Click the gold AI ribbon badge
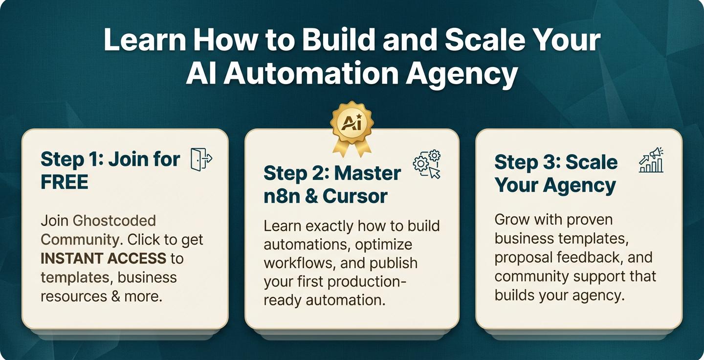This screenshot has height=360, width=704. coord(352,129)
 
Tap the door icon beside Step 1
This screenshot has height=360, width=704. coord(201,160)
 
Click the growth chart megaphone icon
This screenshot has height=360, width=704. coord(651,160)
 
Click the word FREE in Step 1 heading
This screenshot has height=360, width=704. coord(65,182)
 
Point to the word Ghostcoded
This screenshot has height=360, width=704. coord(114,221)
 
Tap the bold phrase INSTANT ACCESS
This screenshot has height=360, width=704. coord(104,258)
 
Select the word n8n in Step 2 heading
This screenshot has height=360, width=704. coord(282,197)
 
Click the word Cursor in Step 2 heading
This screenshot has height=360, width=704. coord(355,197)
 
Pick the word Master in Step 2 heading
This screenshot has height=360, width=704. coord(368,173)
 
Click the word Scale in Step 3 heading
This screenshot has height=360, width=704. coord(592,162)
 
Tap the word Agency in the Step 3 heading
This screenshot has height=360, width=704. coord(579,186)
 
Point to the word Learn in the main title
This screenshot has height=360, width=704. coord(145,40)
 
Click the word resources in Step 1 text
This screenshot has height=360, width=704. coord(74,297)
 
